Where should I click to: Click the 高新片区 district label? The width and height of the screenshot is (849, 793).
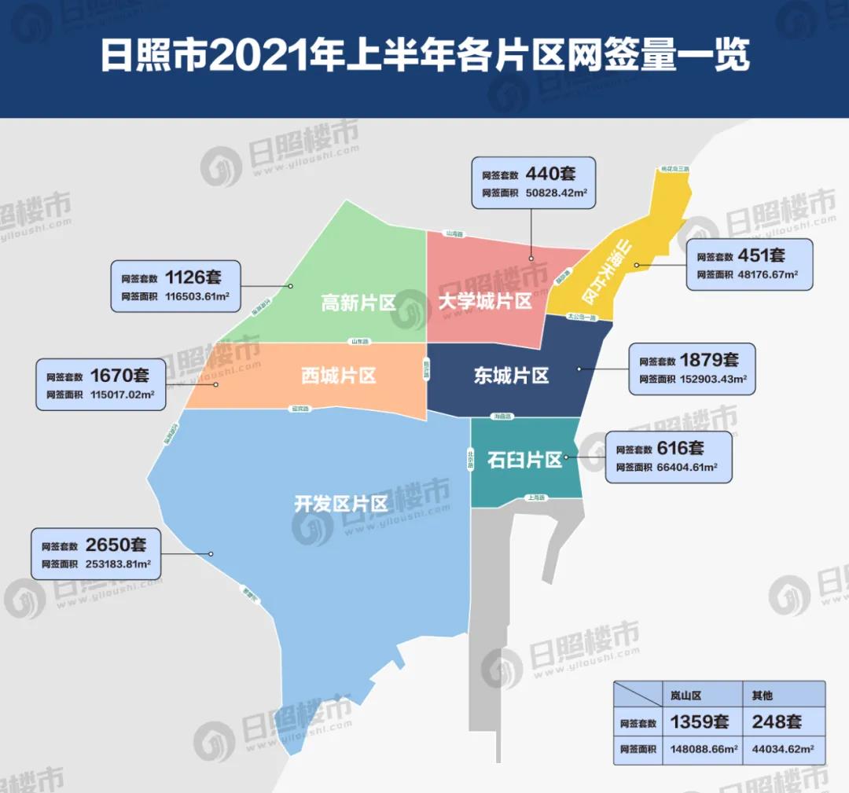point(358,303)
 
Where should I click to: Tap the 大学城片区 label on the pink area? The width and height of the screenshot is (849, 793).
point(485,301)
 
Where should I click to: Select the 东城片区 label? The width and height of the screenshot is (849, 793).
point(511,376)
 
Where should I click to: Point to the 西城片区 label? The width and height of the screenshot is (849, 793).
point(338,376)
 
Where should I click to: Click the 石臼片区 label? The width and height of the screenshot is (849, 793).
point(524,460)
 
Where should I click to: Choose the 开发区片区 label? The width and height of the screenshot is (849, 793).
point(341,504)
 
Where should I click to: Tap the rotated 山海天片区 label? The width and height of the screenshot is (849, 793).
point(603,273)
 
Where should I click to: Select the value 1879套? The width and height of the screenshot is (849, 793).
point(709,360)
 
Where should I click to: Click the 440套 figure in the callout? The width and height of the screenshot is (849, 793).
point(552,173)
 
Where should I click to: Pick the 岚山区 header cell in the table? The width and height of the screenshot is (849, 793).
point(685,696)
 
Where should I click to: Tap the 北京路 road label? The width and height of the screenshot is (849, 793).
point(470,458)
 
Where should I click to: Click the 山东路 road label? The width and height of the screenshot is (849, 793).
point(359,342)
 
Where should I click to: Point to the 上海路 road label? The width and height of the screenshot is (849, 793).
point(538,497)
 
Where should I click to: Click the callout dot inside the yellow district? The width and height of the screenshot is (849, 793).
point(636,266)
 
